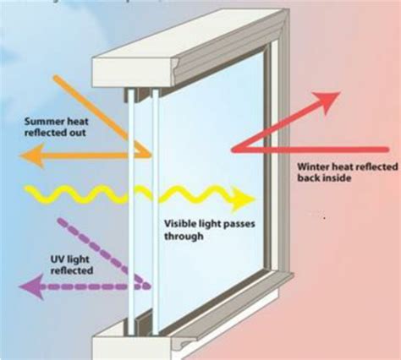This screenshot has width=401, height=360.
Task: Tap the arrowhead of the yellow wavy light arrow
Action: click(x=244, y=200)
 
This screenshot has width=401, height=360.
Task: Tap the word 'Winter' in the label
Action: click(x=312, y=167)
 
